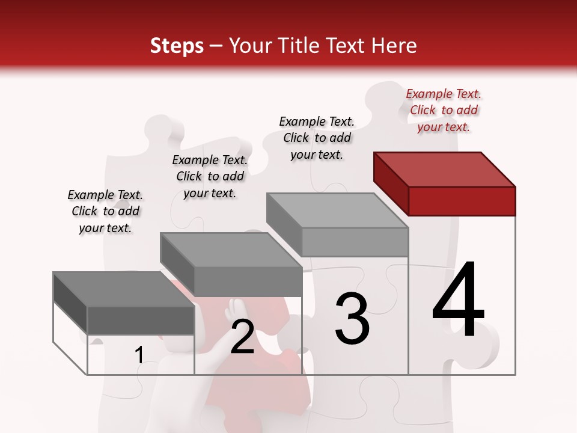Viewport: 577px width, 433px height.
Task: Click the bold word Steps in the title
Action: click(176, 46)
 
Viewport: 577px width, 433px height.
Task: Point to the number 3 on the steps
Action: click(352, 319)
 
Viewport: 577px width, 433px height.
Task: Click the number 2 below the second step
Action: click(242, 337)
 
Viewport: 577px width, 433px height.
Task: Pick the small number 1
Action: click(139, 355)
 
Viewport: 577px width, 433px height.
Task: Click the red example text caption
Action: click(444, 110)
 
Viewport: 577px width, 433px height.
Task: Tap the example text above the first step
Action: click(105, 211)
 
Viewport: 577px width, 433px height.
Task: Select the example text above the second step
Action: click(210, 176)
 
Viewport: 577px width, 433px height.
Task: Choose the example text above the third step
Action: click(317, 138)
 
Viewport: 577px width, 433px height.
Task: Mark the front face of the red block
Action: click(462, 201)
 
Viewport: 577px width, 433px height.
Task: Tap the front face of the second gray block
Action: click(248, 281)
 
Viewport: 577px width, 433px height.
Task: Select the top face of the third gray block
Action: click(337, 210)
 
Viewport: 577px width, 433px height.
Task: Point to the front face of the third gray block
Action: click(355, 242)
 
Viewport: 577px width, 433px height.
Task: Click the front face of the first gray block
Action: click(141, 320)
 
